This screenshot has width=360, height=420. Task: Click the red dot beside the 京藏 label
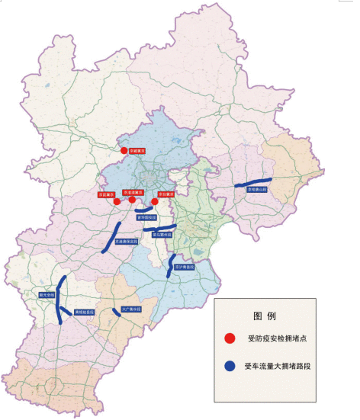tap(124, 152)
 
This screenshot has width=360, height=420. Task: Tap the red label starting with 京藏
tap(137, 152)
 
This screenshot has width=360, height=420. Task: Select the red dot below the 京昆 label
tap(116, 202)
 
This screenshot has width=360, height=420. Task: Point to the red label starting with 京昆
tap(107, 194)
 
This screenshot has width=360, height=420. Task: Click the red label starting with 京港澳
tap(133, 194)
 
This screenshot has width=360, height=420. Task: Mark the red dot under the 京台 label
tap(155, 202)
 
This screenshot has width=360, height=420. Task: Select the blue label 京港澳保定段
tap(126, 242)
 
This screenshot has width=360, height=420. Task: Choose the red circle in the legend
tap(230, 338)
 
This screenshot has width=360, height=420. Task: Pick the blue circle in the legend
tap(230, 366)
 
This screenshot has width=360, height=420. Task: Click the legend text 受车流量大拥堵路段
tap(280, 367)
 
